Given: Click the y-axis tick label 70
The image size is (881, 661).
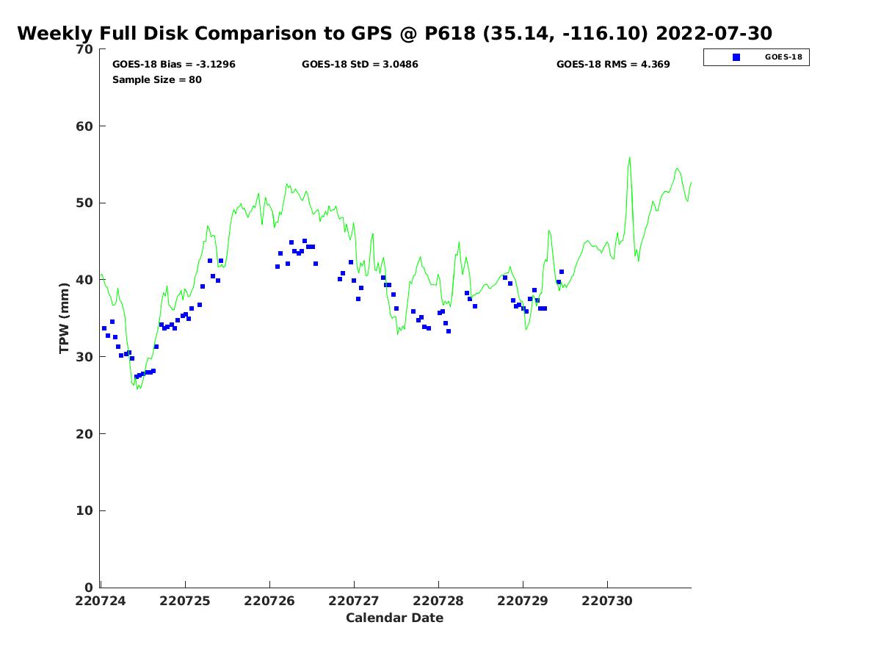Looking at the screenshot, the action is (x=84, y=49).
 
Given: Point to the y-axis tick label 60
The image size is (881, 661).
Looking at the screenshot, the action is (x=84, y=126).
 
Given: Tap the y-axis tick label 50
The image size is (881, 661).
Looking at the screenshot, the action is (x=84, y=203).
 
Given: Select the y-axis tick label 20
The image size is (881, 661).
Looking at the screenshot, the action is (x=84, y=434).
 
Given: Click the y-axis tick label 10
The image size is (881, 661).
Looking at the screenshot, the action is (x=84, y=511).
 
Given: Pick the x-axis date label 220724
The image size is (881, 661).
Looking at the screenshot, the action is (x=101, y=602).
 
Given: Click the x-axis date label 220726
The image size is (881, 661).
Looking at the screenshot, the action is (x=269, y=602).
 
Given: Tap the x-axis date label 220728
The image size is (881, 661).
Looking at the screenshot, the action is (x=438, y=602).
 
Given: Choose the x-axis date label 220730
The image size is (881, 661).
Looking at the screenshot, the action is (x=607, y=602).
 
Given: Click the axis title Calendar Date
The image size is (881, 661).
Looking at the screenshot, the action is (x=394, y=618).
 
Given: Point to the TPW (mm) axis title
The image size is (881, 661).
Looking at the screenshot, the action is (x=64, y=318).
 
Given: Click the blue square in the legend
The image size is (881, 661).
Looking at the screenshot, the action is (x=736, y=57).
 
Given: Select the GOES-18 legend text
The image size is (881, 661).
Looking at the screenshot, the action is (x=783, y=57).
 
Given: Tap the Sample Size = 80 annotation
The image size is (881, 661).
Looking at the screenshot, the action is (x=157, y=80).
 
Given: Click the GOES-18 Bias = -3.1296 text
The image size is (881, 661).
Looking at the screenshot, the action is (x=174, y=64).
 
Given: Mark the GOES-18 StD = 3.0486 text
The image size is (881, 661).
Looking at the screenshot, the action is (x=360, y=64).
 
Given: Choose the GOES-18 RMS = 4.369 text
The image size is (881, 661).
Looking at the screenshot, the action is (x=613, y=64).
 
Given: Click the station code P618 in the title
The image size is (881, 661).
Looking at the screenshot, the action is (x=450, y=33).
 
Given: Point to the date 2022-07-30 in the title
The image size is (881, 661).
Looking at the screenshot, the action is (x=714, y=33).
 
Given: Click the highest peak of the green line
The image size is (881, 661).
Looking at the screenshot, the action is (x=629, y=158).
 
